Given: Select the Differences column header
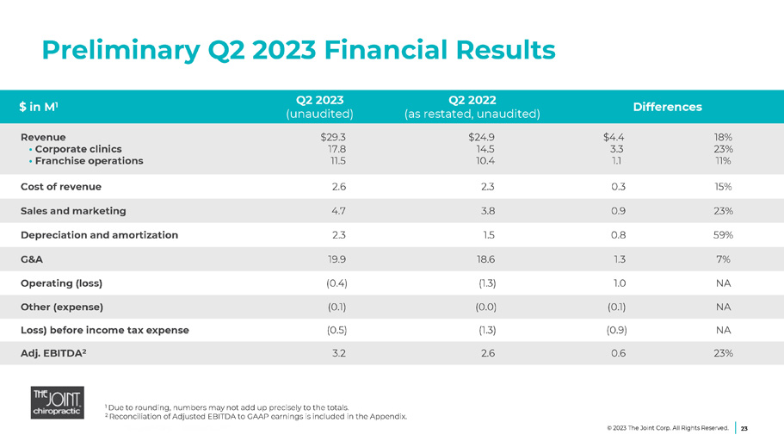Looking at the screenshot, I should coord(667,107).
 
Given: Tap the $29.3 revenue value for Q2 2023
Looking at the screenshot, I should coord(332,136).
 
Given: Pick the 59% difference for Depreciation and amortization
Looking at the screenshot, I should coord(722,234).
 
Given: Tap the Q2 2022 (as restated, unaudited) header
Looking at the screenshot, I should coord(472,106).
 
